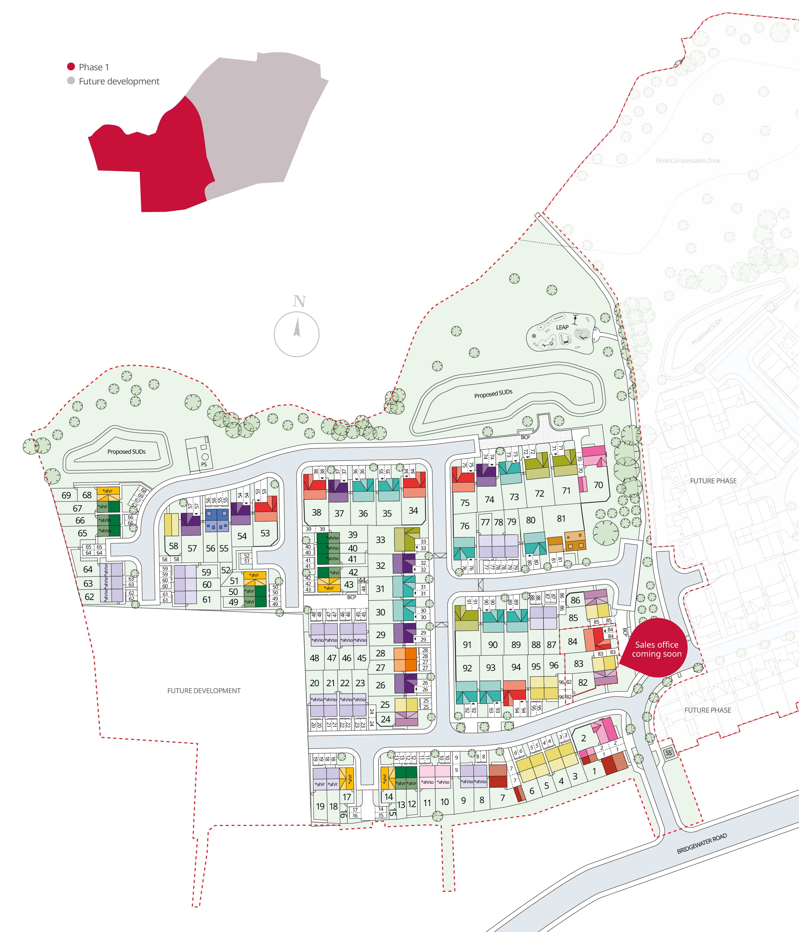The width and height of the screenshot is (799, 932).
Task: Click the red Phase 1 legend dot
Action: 71,67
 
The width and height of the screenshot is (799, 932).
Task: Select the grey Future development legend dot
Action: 71,81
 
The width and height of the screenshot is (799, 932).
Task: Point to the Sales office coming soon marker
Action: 657,649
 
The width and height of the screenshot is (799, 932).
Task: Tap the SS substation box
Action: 668,753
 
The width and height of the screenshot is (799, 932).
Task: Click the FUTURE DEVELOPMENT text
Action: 204,690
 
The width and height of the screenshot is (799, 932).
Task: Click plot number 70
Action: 598,485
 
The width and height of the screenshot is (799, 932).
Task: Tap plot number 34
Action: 413,510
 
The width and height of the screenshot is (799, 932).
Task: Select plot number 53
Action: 265,533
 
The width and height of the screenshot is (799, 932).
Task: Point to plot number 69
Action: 66,495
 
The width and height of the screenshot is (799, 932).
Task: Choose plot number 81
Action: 561,519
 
